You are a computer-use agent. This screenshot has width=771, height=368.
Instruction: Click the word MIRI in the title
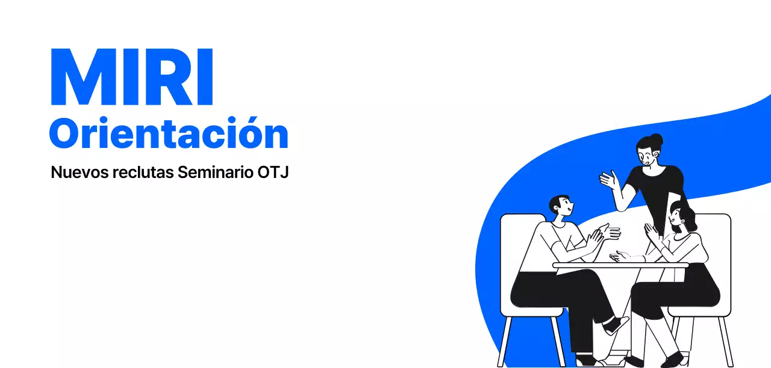tap(132, 78)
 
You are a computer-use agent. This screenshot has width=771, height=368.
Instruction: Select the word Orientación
tap(169, 134)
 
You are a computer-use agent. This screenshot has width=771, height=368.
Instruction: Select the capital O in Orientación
tap(64, 134)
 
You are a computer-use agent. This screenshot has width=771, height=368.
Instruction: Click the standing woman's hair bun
tap(657, 139)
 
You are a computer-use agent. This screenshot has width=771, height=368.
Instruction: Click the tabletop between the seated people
tap(620, 265)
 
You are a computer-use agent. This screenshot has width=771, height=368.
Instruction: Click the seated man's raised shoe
tap(616, 326)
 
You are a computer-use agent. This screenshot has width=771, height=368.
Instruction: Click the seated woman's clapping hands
tap(651, 232)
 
